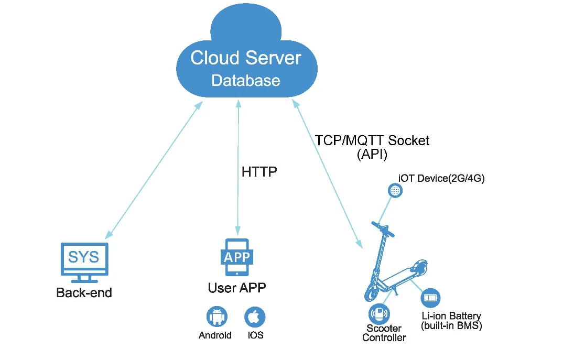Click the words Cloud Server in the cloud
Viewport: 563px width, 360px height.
[245, 58]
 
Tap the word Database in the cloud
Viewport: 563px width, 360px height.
[245, 81]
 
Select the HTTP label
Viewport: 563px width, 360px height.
[259, 172]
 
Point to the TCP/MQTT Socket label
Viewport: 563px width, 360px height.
[372, 140]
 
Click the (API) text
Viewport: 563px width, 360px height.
[372, 154]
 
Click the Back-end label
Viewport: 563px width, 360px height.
[84, 292]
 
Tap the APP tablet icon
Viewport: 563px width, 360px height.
[237, 257]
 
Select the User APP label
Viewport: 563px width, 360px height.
[237, 288]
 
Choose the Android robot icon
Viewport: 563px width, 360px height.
[215, 318]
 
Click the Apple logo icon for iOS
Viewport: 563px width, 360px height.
[255, 318]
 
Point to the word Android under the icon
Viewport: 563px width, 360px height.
[215, 335]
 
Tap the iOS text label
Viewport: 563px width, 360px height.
[255, 335]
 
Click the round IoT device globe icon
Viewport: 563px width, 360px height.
[395, 191]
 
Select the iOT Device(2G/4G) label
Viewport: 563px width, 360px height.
[441, 178]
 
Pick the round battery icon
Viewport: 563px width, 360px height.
[430, 298]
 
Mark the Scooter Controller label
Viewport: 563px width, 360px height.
[384, 333]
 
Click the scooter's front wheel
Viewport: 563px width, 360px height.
[372, 293]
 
